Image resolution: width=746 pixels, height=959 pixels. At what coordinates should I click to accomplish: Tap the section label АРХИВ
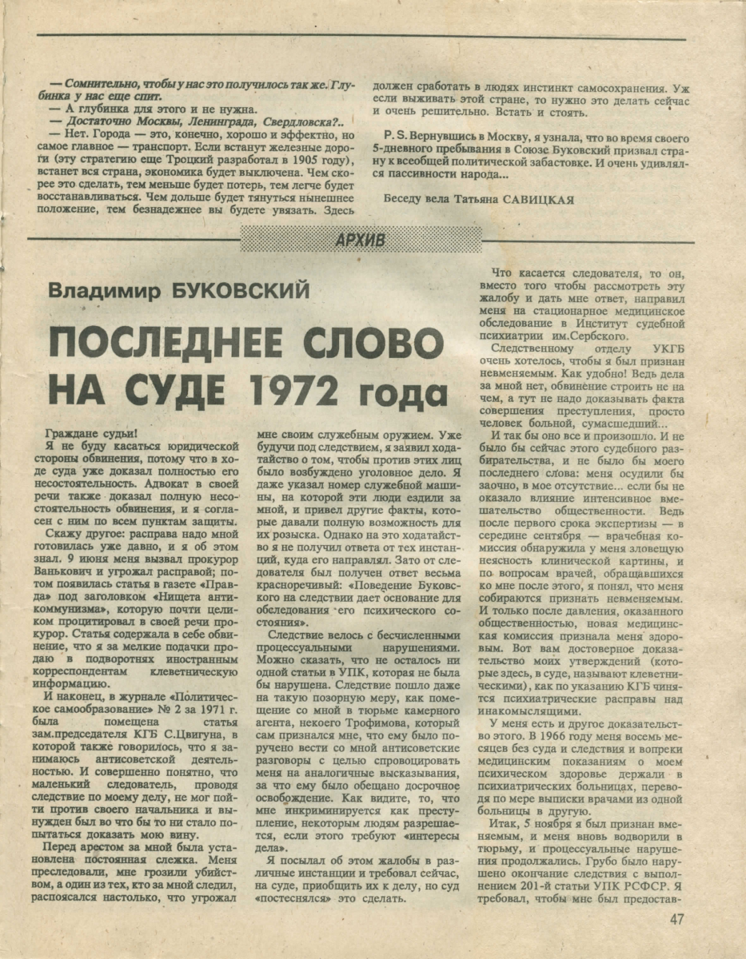(x=361, y=239)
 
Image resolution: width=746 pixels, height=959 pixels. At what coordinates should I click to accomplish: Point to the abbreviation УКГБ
(x=642, y=348)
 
